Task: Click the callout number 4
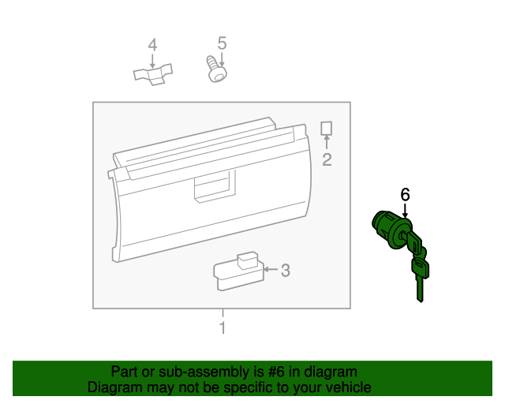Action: pos(153,44)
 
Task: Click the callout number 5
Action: pos(222,42)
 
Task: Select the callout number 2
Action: pos(327,160)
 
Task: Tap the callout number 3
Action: pos(286,271)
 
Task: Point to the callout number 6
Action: pos(406,194)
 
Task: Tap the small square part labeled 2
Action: pos(327,128)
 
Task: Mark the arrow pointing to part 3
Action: pos(270,270)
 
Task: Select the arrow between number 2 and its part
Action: pos(327,142)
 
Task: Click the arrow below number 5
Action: pos(222,57)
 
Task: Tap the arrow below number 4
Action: pos(153,60)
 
